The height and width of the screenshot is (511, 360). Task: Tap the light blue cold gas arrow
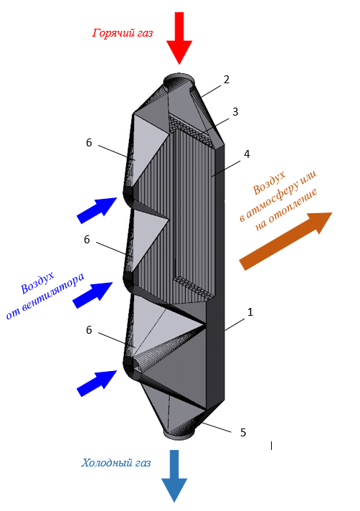(x=174, y=476)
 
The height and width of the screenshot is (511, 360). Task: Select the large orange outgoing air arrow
(x=285, y=241)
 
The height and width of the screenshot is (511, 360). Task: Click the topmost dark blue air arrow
(x=97, y=210)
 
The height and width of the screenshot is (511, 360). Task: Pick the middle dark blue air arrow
(x=93, y=294)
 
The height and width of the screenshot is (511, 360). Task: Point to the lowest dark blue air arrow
(x=97, y=383)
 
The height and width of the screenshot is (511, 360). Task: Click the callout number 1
(x=250, y=312)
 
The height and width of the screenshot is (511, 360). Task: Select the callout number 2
(x=227, y=80)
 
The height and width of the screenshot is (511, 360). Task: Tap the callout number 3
(x=235, y=112)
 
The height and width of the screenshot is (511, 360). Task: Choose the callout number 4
(x=247, y=154)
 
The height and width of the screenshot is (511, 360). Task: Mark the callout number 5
(x=243, y=433)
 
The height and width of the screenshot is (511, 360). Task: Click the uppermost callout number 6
(x=89, y=143)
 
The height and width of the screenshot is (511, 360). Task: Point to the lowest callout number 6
(x=89, y=330)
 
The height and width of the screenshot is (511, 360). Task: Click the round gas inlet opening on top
(x=179, y=80)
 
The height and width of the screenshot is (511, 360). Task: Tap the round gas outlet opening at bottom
(x=179, y=433)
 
